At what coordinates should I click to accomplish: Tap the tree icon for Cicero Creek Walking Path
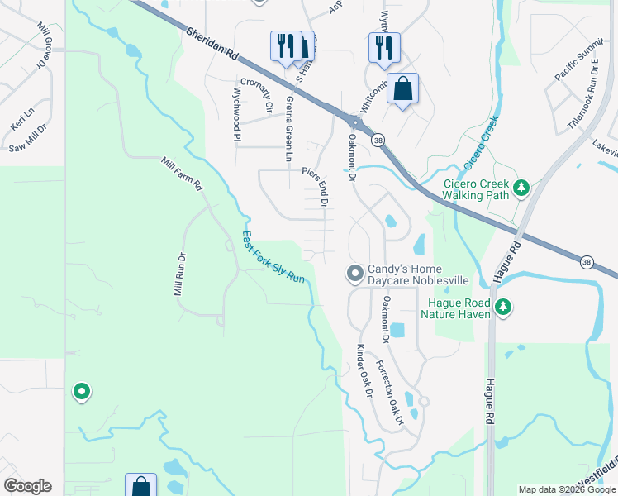(x=521, y=188)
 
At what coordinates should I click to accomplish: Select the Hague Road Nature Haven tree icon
(x=503, y=308)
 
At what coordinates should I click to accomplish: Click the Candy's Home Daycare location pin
(x=354, y=273)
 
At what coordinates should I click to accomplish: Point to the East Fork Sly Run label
(x=273, y=257)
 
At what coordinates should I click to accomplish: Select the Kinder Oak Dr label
(x=364, y=368)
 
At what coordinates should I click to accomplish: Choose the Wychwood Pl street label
(x=236, y=114)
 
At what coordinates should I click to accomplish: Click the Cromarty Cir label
(x=266, y=100)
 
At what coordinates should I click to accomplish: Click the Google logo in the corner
(x=27, y=486)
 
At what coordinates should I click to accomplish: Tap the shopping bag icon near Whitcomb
(x=402, y=88)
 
